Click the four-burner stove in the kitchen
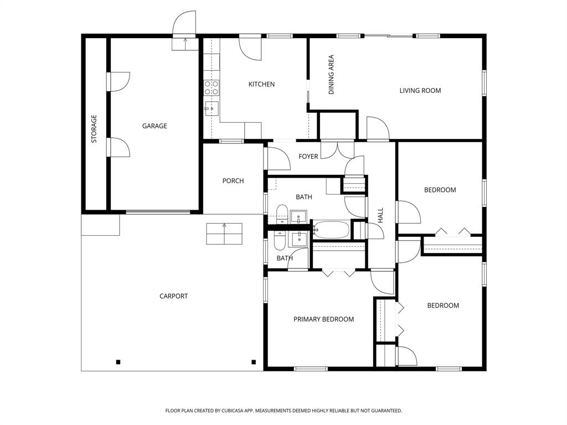coord(212,87)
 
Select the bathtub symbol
coord(331,229)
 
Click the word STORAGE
coord(94,128)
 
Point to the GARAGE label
coord(154,126)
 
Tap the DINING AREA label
coord(332,74)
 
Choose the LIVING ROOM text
coord(420,91)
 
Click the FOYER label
coord(308,157)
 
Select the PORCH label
coord(233,181)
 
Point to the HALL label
coord(380,215)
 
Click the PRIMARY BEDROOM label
coord(323,319)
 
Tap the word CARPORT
coord(174,296)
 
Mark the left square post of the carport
coord(118,362)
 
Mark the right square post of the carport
coord(254,362)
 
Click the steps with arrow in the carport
coord(224,234)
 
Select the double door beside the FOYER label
coord(338,149)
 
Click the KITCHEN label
coord(261,84)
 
